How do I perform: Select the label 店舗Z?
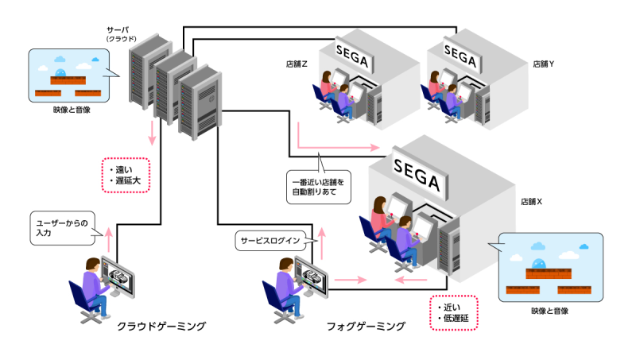(297, 63)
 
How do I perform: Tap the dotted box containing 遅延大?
(126, 175)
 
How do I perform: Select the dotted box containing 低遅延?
(453, 315)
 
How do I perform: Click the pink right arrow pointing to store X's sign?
(338, 147)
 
